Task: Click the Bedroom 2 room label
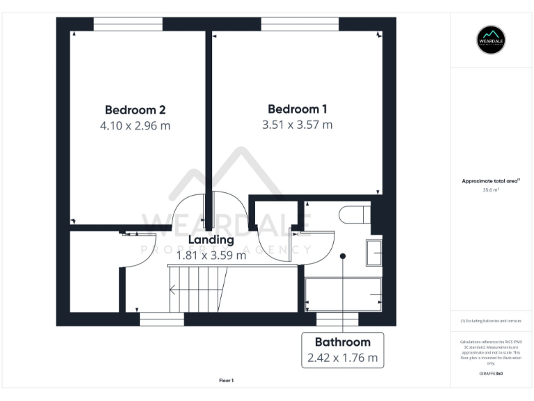[x=135, y=110]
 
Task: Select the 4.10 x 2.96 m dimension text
[x=135, y=126]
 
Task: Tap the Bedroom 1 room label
[x=298, y=109]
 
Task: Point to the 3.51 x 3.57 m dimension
[x=298, y=125]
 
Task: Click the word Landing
[x=211, y=240]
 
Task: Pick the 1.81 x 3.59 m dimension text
[x=211, y=255]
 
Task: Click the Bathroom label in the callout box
[x=343, y=343]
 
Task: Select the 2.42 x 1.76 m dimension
[x=343, y=359]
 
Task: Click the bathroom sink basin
[x=374, y=251]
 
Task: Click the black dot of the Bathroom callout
[x=343, y=256]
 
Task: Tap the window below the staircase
[x=161, y=319]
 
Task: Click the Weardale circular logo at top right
[x=491, y=39]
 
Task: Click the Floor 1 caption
[x=226, y=381]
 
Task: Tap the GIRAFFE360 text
[x=490, y=374]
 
